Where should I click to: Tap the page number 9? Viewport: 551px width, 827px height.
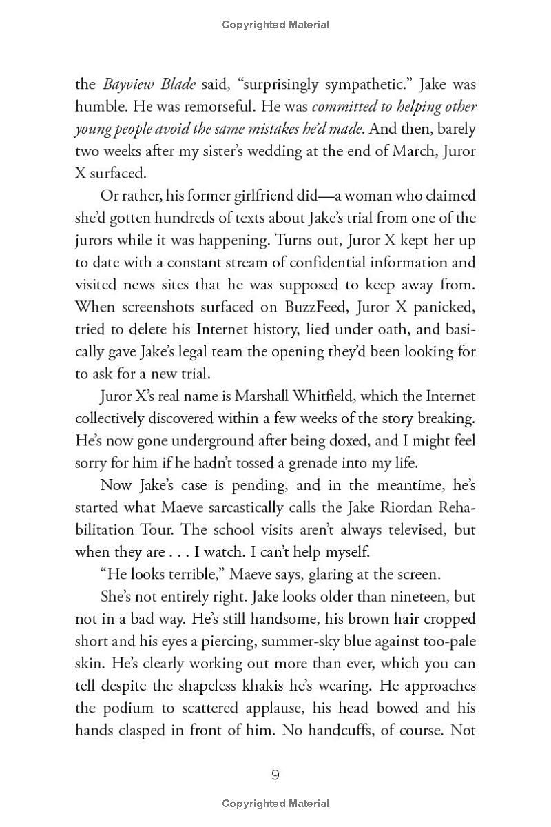(x=275, y=775)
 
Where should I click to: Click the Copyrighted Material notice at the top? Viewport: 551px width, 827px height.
(x=275, y=25)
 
